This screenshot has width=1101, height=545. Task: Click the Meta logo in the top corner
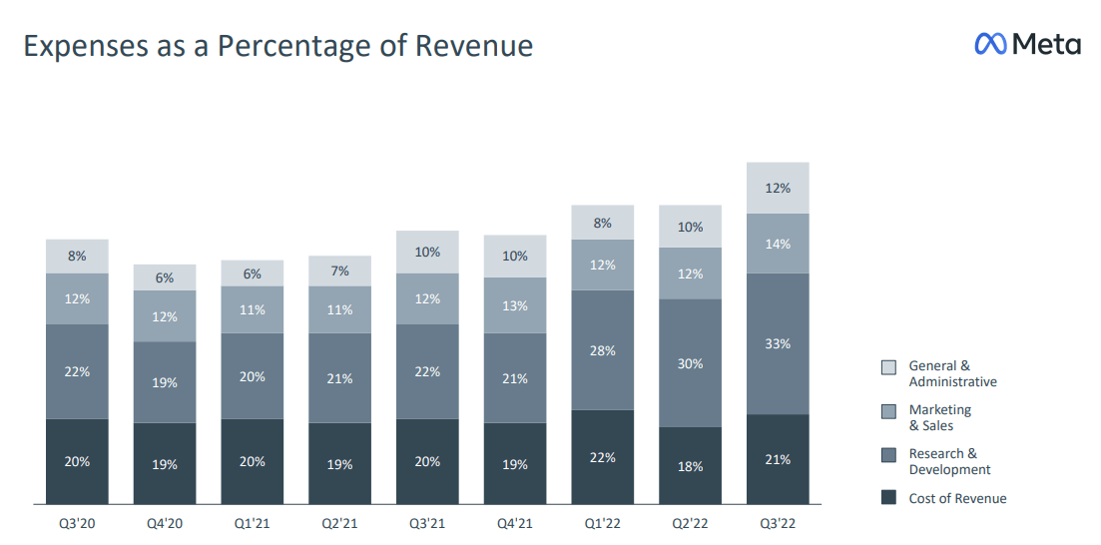(1027, 44)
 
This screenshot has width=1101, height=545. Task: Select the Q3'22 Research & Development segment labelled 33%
(778, 343)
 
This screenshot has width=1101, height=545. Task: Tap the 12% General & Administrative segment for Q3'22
(778, 188)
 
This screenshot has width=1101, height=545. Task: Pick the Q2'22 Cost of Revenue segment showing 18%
(690, 465)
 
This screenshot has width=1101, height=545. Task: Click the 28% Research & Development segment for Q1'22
(602, 350)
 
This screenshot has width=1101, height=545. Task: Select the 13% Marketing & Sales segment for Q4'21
(515, 305)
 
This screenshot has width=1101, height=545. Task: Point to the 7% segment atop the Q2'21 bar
(339, 271)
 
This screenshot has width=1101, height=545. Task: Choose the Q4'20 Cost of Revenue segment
(165, 463)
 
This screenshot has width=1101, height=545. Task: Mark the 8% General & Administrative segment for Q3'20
(77, 257)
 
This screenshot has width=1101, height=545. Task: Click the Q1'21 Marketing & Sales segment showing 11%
(253, 309)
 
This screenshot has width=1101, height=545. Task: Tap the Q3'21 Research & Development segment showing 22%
(427, 371)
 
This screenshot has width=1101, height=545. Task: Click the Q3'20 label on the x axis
(77, 522)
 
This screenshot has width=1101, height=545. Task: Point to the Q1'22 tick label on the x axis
(602, 522)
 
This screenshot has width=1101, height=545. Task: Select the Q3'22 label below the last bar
(778, 522)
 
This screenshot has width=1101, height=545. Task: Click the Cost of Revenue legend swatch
(888, 498)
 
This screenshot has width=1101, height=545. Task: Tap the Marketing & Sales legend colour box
(888, 411)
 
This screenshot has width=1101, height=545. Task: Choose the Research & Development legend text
(949, 462)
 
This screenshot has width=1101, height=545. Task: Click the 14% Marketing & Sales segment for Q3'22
(778, 244)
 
